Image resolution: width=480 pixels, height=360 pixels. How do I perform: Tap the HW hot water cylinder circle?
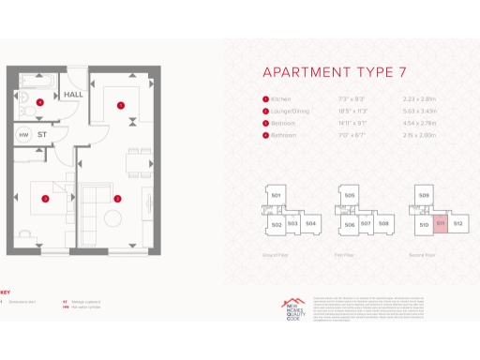coord(23,134)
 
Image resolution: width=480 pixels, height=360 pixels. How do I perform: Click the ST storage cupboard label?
coord(43,134)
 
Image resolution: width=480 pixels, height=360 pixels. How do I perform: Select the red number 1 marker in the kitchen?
coord(120,106)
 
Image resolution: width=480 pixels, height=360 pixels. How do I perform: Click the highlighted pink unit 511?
coord(441,225)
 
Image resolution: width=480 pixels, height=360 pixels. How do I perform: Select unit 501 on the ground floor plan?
coord(277,195)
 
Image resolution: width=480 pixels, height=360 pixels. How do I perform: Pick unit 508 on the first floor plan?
coord(383,224)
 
